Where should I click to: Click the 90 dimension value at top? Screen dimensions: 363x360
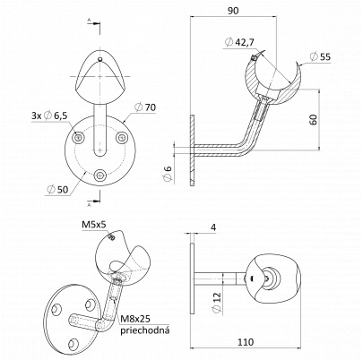[233, 11]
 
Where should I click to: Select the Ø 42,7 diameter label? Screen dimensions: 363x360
[239, 42]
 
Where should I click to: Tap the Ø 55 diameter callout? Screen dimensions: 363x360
[320, 56]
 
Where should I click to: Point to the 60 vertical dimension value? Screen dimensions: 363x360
[313, 119]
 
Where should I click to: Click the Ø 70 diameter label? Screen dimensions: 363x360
[145, 107]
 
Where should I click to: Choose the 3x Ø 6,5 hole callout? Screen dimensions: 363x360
[50, 115]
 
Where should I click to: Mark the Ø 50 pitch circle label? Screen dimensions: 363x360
[58, 189]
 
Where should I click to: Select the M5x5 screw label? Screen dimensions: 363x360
[94, 225]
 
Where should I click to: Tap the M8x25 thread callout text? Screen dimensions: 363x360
[135, 320]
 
